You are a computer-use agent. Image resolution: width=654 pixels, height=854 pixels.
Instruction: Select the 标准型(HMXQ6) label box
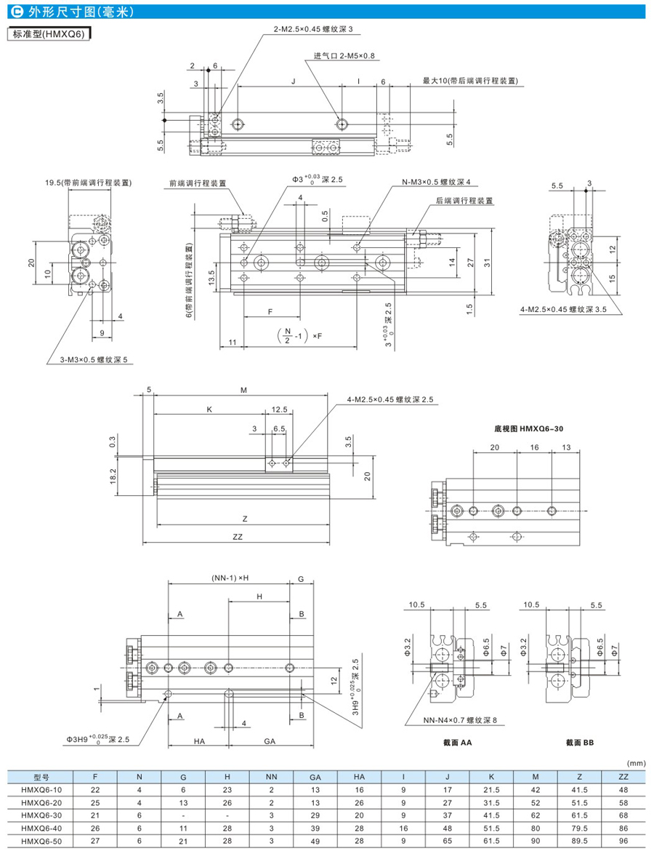pyautogui.click(x=47, y=33)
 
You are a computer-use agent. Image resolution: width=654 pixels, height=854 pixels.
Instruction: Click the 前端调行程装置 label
pyautogui.click(x=196, y=183)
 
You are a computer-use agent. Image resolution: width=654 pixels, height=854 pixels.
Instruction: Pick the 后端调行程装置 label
pyautogui.click(x=464, y=200)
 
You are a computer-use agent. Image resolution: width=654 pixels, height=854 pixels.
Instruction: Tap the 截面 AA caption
pyautogui.click(x=457, y=743)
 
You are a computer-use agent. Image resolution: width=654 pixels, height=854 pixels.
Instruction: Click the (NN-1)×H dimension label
pyautogui.click(x=229, y=579)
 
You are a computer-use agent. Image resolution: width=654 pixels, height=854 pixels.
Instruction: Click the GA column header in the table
pyautogui.click(x=315, y=777)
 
